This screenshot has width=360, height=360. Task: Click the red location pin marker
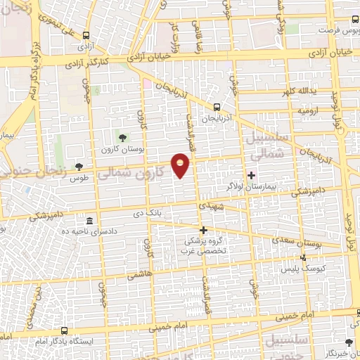pos(181,165)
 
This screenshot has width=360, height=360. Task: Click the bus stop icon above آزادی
pos(86,34)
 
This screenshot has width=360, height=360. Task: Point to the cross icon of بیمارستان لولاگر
pos(251,174)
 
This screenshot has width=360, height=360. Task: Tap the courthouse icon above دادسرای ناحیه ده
pos(89,220)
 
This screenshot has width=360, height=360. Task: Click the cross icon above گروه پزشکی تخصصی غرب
pos(203,230)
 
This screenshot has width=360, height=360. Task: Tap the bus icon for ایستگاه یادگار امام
pos(65,330)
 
